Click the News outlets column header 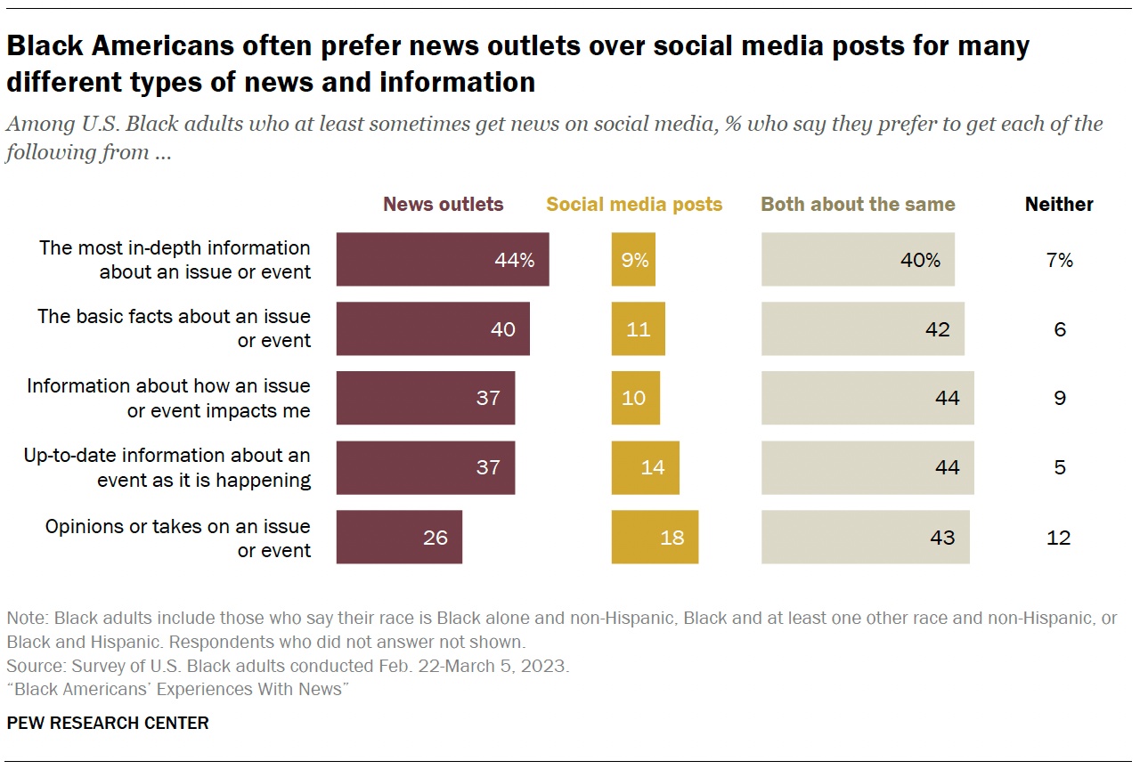click(443, 205)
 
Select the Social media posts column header click(634, 205)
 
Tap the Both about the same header click(858, 205)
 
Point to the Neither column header click(1059, 205)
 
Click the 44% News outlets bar click(442, 260)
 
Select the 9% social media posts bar click(633, 260)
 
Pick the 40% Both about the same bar click(858, 260)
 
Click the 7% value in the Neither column click(1059, 260)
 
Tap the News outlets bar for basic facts click(433, 329)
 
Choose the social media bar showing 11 click(638, 329)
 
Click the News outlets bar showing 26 click(399, 538)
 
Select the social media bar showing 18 click(655, 538)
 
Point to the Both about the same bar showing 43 click(865, 538)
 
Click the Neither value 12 click(1059, 538)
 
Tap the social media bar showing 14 click(645, 468)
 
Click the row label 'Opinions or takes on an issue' click(178, 538)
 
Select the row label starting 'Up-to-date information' click(167, 468)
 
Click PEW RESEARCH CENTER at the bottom click(108, 723)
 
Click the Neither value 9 click(1059, 398)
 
